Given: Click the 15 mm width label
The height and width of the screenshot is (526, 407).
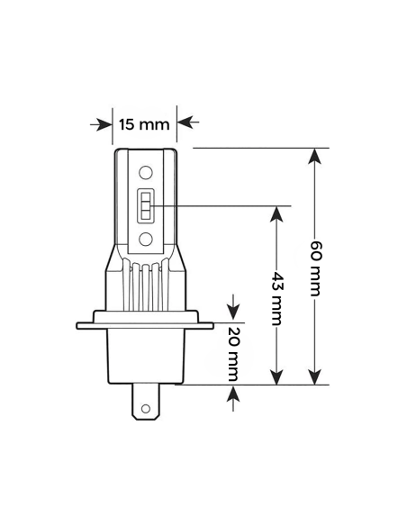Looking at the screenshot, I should point(145,122).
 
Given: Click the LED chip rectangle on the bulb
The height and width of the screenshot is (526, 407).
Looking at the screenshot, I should point(145,206).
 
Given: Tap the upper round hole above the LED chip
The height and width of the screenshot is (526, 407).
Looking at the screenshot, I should point(145,173).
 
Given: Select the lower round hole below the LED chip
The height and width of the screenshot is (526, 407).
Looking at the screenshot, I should point(145,239).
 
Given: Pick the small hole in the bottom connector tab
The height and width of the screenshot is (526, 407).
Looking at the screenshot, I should point(145,407).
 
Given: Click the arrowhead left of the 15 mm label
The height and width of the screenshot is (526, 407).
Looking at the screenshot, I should point(104,122).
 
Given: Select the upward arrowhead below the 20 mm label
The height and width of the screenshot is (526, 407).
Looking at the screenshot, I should point(234,394).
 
